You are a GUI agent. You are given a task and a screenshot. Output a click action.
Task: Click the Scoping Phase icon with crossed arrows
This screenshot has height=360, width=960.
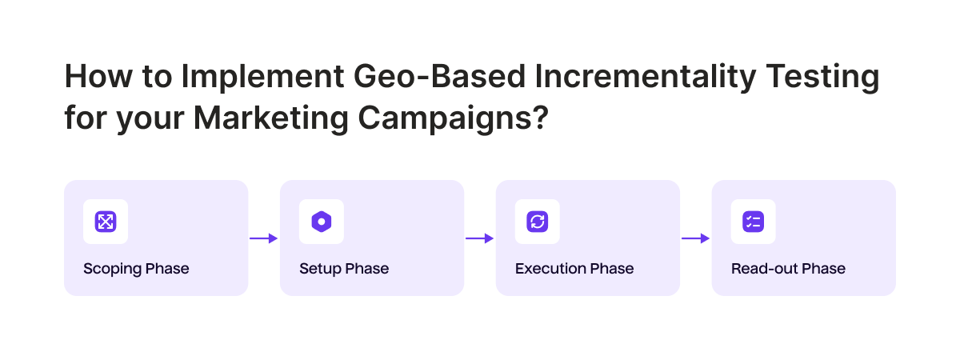pyautogui.click(x=106, y=222)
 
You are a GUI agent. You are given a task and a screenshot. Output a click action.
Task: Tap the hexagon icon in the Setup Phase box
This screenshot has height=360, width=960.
pyautogui.click(x=322, y=222)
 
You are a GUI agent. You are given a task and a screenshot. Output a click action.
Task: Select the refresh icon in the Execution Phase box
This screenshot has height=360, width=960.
pyautogui.click(x=538, y=222)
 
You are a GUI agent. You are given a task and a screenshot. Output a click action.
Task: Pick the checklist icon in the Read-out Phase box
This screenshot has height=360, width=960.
pyautogui.click(x=754, y=222)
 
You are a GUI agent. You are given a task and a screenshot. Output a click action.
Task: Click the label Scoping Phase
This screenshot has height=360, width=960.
pyautogui.click(x=136, y=269)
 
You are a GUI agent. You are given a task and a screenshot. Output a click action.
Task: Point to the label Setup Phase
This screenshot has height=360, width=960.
pyautogui.click(x=344, y=269)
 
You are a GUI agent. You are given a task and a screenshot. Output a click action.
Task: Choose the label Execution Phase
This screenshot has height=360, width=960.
pyautogui.click(x=574, y=269)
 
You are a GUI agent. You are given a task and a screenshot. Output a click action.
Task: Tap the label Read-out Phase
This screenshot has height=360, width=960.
pyautogui.click(x=788, y=269)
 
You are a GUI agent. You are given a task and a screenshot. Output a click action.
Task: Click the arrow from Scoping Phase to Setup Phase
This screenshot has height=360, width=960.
pyautogui.click(x=263, y=238)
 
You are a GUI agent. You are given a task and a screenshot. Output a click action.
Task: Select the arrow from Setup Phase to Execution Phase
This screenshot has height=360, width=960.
pyautogui.click(x=479, y=238)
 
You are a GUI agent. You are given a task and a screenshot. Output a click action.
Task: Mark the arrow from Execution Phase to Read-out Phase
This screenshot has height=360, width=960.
pyautogui.click(x=695, y=238)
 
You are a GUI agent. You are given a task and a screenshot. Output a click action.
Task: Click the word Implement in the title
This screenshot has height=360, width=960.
pyautogui.click(x=262, y=76)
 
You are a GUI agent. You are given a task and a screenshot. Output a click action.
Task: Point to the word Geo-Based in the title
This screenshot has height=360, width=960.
pyautogui.click(x=440, y=76)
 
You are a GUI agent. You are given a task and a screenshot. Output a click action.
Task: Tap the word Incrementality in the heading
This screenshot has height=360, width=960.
pyautogui.click(x=646, y=76)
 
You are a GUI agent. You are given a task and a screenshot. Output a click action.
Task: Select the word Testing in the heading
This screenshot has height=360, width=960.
pyautogui.click(x=822, y=76)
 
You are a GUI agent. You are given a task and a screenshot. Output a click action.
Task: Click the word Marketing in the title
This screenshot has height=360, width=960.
pyautogui.click(x=271, y=118)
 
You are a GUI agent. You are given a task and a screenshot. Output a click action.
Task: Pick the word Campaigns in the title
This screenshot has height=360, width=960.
pyautogui.click(x=444, y=118)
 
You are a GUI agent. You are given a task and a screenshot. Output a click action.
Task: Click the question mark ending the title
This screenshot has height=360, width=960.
pyautogui.click(x=541, y=118)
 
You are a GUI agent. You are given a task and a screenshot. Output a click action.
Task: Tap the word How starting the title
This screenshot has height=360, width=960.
pyautogui.click(x=98, y=76)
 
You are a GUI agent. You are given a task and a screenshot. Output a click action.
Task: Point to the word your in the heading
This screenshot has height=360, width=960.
pyautogui.click(x=150, y=120)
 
